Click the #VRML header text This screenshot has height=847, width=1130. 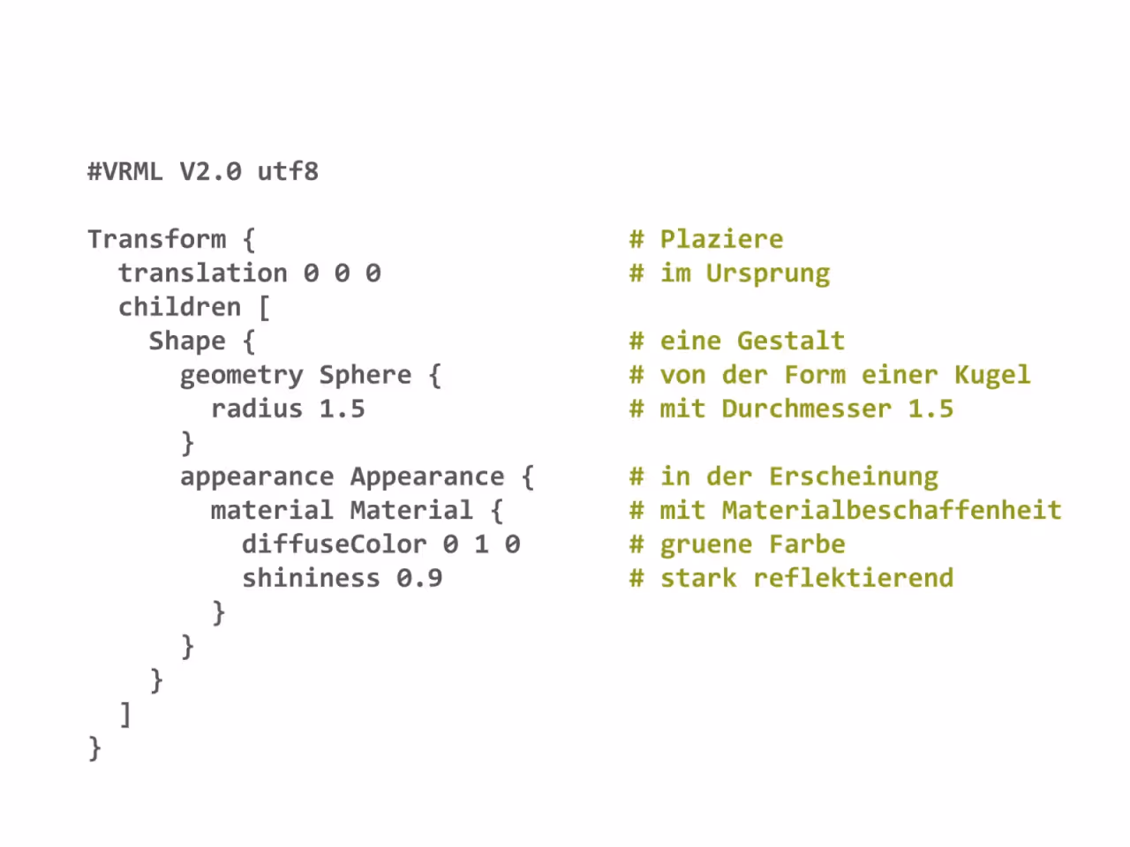tap(125, 171)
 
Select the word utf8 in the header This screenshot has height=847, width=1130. tap(288, 171)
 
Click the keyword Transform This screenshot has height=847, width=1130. tap(157, 239)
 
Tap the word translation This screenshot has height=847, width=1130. tap(203, 274)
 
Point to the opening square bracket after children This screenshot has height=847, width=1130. tap(264, 308)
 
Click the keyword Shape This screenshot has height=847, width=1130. tap(187, 341)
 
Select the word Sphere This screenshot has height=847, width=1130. tap(365, 376)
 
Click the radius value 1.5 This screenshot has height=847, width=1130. tap(342, 409)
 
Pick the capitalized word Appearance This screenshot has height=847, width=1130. tap(427, 477)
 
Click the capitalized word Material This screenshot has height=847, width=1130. tap(411, 511)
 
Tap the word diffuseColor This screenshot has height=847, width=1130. tap(334, 544)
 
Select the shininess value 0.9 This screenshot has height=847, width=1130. tap(419, 579)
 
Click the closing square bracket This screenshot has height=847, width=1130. tap(125, 716)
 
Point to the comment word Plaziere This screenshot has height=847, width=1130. tap(722, 240)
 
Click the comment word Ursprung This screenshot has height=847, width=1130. tap(768, 274)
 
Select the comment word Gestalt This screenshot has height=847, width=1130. tap(791, 341)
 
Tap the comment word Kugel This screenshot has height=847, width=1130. tap(992, 376)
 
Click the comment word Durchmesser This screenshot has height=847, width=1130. tap(807, 409)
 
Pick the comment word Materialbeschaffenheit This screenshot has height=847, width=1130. tap(892, 511)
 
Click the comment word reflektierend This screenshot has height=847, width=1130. tap(853, 579)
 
